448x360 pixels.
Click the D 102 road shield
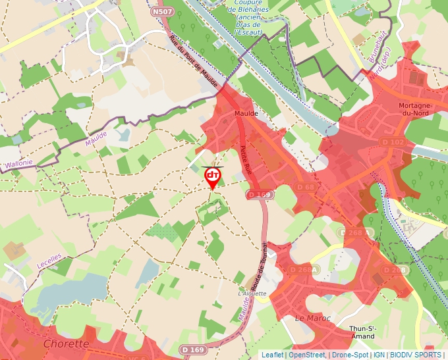coord(394,142)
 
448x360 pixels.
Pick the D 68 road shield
coord(306,188)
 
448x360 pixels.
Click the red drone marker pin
coord(213,176)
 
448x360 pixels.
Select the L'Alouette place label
coord(253,294)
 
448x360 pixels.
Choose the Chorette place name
coord(66,344)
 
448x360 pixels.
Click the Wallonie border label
coord(18,162)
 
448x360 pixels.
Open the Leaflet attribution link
coord(273,355)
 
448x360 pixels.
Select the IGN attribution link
coord(379,355)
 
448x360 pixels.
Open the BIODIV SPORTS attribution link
coord(415,355)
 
